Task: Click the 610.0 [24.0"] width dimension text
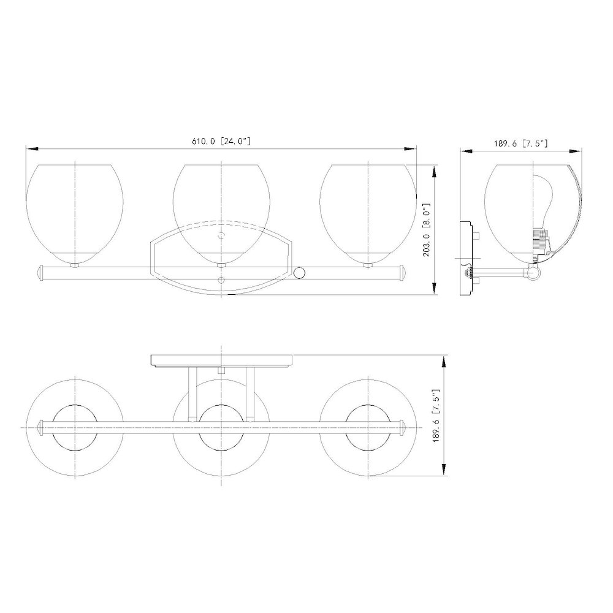(221, 141)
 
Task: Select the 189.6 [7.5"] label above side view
(520, 143)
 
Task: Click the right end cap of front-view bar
(403, 273)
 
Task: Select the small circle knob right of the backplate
(300, 273)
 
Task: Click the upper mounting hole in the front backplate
(222, 236)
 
